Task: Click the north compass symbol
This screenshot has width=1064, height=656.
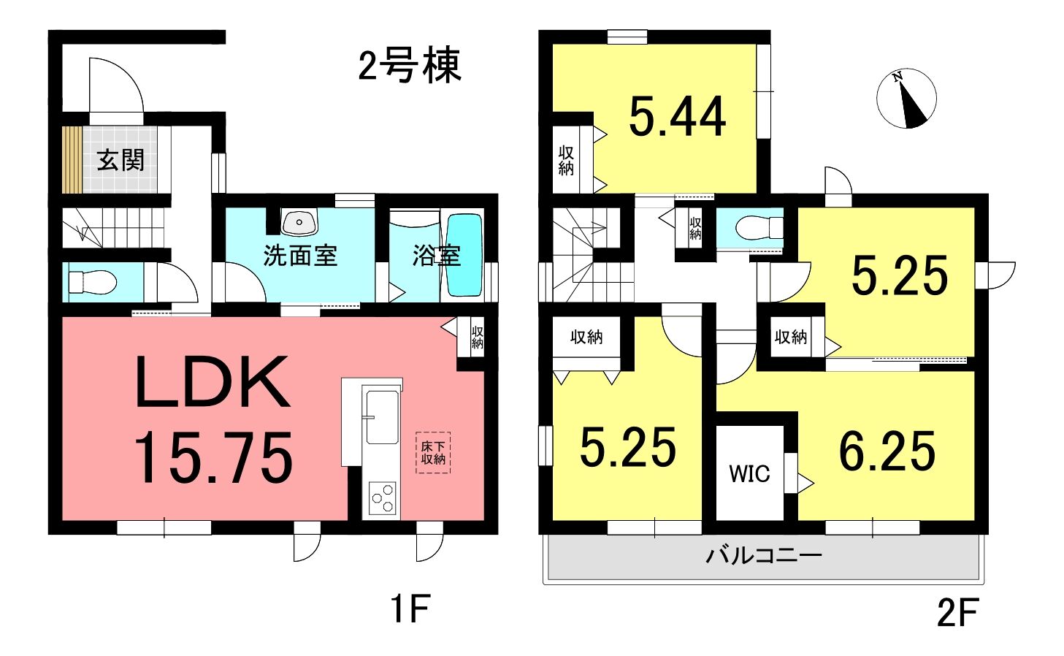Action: (x=906, y=99)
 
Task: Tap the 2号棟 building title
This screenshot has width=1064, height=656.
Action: (x=410, y=66)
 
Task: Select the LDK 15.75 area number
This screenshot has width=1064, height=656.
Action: (x=214, y=457)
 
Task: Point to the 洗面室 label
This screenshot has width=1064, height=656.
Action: (x=300, y=256)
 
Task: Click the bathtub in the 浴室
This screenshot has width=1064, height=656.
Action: (x=465, y=255)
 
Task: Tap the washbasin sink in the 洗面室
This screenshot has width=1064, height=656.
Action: (x=299, y=222)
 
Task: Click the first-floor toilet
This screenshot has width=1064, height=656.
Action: (x=93, y=282)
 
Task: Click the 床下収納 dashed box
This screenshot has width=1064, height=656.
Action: (x=433, y=453)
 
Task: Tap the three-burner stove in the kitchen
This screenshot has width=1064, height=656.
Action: (x=383, y=498)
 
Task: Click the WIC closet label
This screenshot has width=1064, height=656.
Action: (x=749, y=473)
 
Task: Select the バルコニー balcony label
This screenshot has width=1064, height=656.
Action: (x=764, y=554)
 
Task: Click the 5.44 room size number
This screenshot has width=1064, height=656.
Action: (x=678, y=116)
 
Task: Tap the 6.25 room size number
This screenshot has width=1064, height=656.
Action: (x=887, y=451)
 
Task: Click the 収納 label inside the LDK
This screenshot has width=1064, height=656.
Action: (x=477, y=337)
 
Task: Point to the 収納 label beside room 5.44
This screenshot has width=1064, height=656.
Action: (x=566, y=161)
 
